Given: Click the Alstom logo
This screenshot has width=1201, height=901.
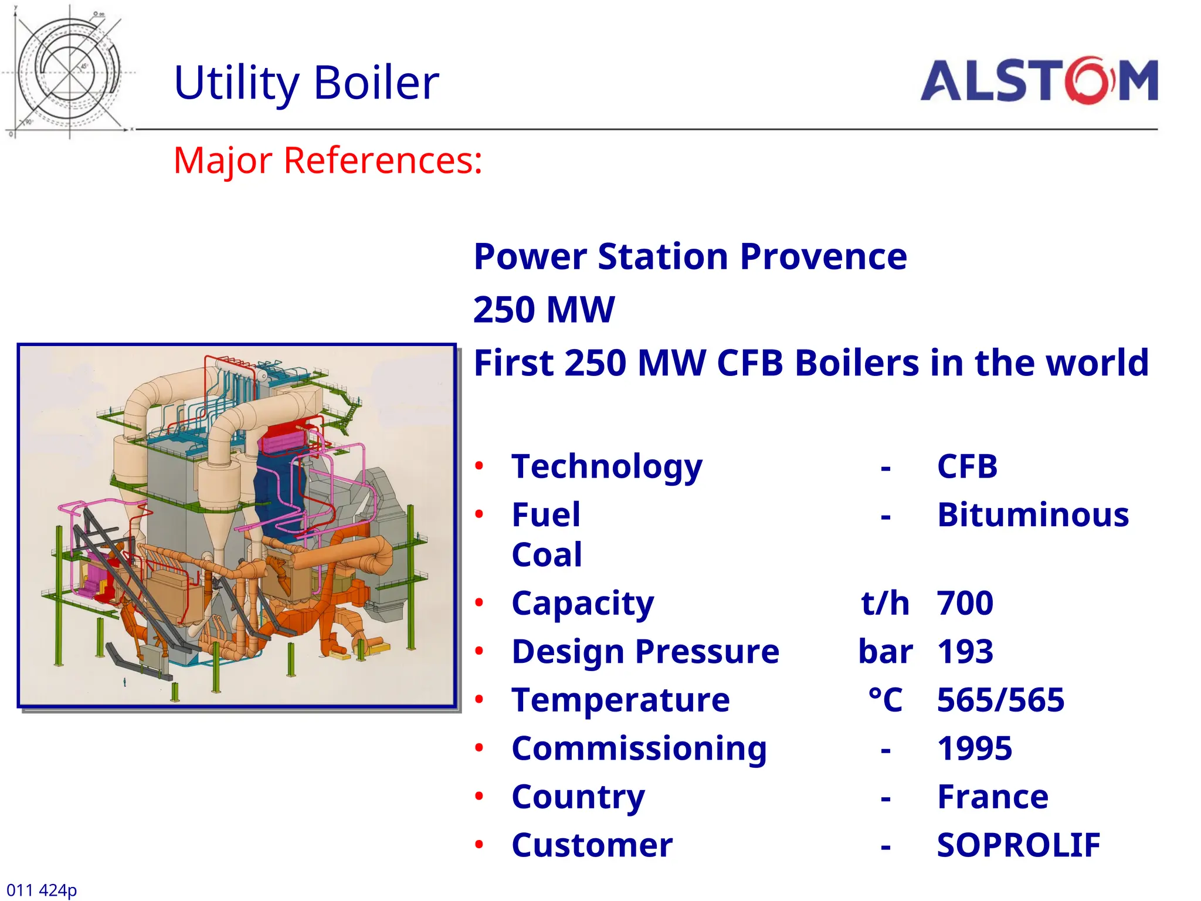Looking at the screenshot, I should point(1039,81).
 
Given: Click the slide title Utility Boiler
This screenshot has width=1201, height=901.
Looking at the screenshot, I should point(306,83).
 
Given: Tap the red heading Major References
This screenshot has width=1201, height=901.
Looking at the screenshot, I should point(328,160).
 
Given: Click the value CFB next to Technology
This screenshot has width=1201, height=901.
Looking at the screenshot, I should point(967,467).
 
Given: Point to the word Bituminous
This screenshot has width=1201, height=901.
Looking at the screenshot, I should point(1033,515).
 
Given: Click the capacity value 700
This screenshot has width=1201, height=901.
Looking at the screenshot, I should point(965,603).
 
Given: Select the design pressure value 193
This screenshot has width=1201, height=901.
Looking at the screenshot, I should point(965,652).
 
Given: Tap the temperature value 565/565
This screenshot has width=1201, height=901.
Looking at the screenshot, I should point(1000,700).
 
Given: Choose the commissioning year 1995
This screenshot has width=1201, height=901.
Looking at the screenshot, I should point(974,748).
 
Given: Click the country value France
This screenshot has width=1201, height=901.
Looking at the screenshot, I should point(992,797).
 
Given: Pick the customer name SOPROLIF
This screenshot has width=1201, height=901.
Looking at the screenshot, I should point(1018,845).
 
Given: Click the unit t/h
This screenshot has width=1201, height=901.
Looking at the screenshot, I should point(885,603).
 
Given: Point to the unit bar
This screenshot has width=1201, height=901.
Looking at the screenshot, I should point(885,652).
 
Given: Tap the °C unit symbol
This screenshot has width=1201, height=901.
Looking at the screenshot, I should point(885,700).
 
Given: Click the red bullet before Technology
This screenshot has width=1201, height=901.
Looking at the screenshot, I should point(479,466).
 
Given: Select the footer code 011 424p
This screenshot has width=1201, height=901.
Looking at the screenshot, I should point(42,890).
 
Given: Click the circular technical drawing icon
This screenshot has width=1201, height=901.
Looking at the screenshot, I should point(69,72).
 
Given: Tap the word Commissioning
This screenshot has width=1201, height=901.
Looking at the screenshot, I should point(639,749).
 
